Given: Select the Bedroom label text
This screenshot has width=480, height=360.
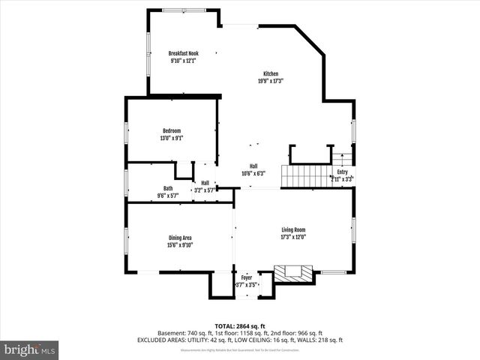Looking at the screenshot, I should [172, 131].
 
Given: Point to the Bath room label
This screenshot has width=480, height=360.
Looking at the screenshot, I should [168, 188].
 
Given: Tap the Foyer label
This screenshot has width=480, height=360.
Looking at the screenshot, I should [247, 277].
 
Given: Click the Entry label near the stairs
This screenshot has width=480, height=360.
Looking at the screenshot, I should [343, 172].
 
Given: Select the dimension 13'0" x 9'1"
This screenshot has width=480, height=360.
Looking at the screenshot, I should [172, 138].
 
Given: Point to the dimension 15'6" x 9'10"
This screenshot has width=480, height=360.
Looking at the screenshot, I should [180, 244].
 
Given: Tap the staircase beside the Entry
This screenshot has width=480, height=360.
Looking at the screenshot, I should [305, 177].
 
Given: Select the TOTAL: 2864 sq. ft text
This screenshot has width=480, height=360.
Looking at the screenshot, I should [240, 326].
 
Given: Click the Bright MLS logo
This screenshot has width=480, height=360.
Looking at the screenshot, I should [30, 349].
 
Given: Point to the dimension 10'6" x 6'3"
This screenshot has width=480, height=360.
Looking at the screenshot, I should [253, 173].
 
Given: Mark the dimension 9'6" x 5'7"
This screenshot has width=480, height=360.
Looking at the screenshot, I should [168, 195].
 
